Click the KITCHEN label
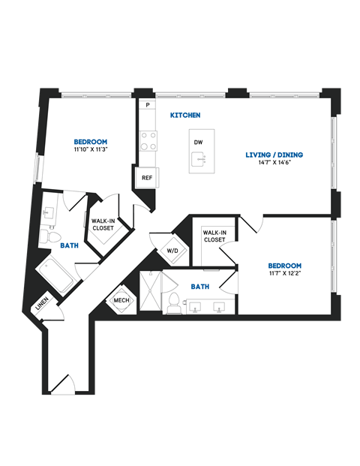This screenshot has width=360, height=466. [184, 116]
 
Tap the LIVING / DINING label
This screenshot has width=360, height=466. [274, 155]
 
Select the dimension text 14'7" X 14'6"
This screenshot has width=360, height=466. [274, 164]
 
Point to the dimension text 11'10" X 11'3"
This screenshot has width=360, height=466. [90, 149]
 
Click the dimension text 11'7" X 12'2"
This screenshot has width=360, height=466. [284, 274]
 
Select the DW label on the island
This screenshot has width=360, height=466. [198, 142]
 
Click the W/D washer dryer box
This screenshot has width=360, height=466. [172, 250]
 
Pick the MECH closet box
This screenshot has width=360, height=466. [121, 300]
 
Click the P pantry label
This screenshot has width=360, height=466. [148, 106]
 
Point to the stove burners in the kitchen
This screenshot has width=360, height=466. [148, 140]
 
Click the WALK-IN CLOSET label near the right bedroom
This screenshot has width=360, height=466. [214, 237]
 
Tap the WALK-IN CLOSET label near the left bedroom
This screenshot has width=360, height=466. [103, 225]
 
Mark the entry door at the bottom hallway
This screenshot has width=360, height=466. [63, 383]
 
